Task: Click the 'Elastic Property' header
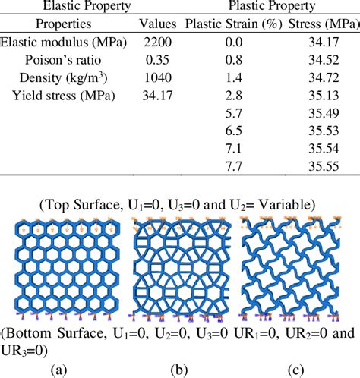pyautogui.click(x=66, y=7)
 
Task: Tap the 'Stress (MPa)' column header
pyautogui.click(x=323, y=24)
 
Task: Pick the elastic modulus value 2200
pyautogui.click(x=156, y=43)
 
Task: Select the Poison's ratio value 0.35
pyautogui.click(x=156, y=61)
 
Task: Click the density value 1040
pyautogui.click(x=156, y=78)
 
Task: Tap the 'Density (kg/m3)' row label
pyautogui.click(x=65, y=78)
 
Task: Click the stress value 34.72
pyautogui.click(x=323, y=78)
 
